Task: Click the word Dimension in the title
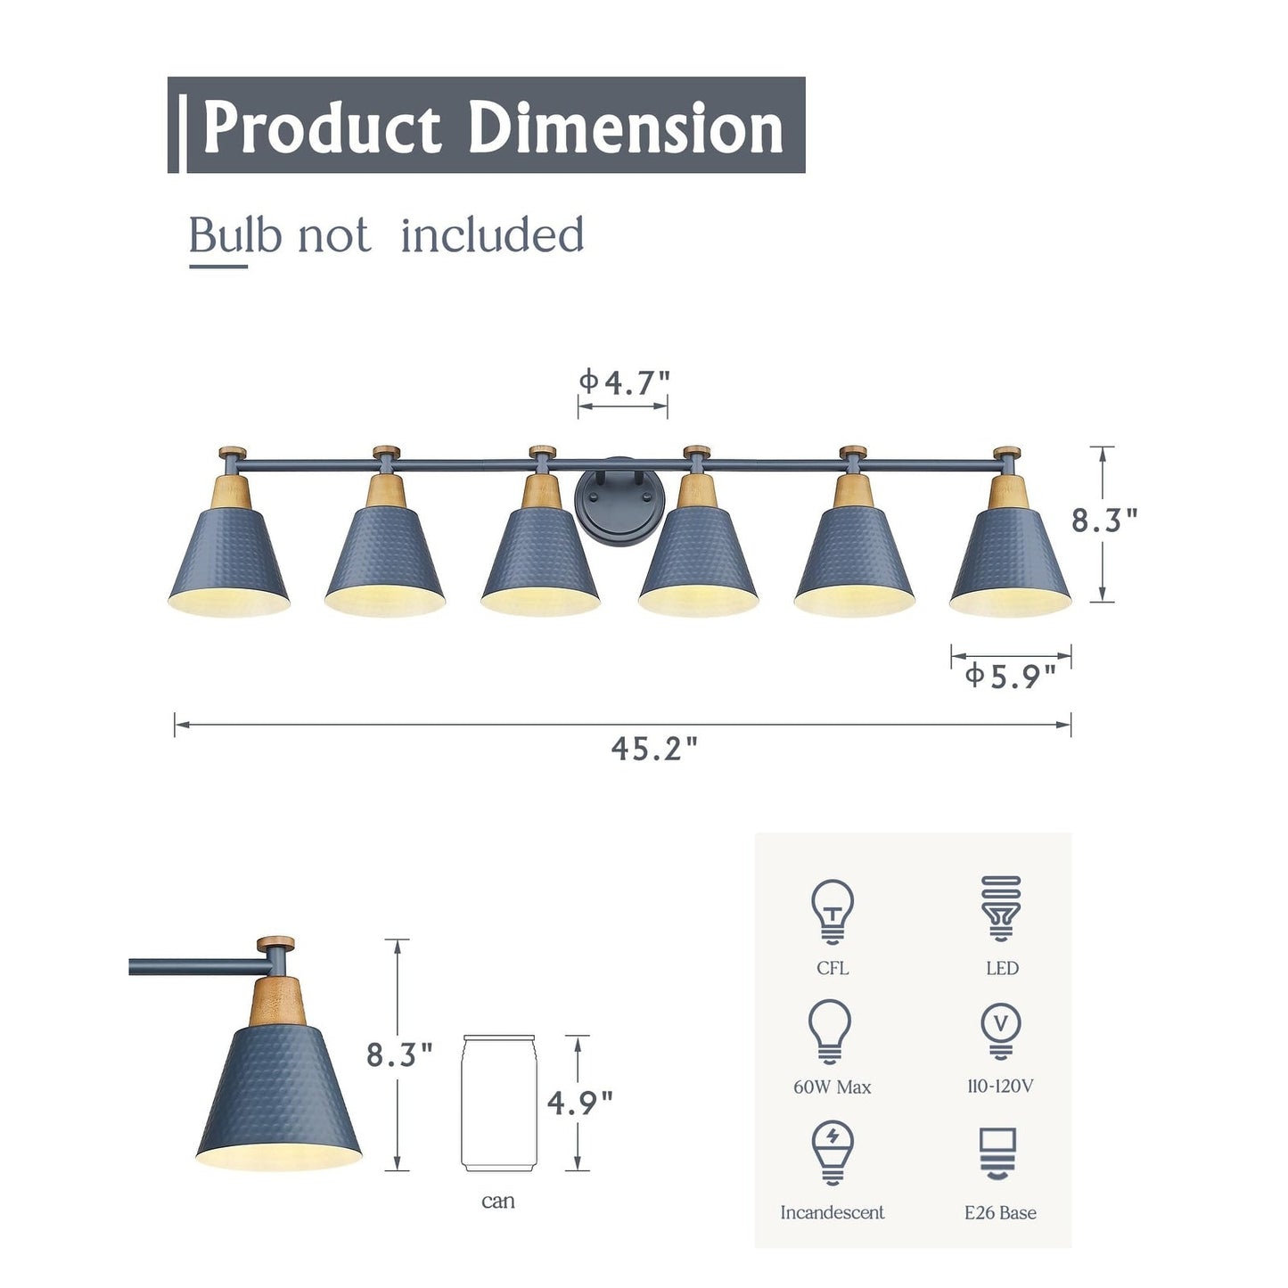(625, 127)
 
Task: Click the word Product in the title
(322, 127)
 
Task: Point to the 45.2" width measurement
(654, 749)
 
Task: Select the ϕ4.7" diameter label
(624, 382)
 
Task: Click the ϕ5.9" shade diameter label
(1010, 677)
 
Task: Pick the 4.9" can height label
(580, 1103)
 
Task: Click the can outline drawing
(499, 1103)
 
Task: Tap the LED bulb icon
(1001, 908)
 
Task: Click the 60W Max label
(832, 1087)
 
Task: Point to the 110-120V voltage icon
(1000, 1030)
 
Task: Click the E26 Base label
(1000, 1212)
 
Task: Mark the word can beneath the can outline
(498, 1202)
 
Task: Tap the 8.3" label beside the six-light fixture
(1104, 521)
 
